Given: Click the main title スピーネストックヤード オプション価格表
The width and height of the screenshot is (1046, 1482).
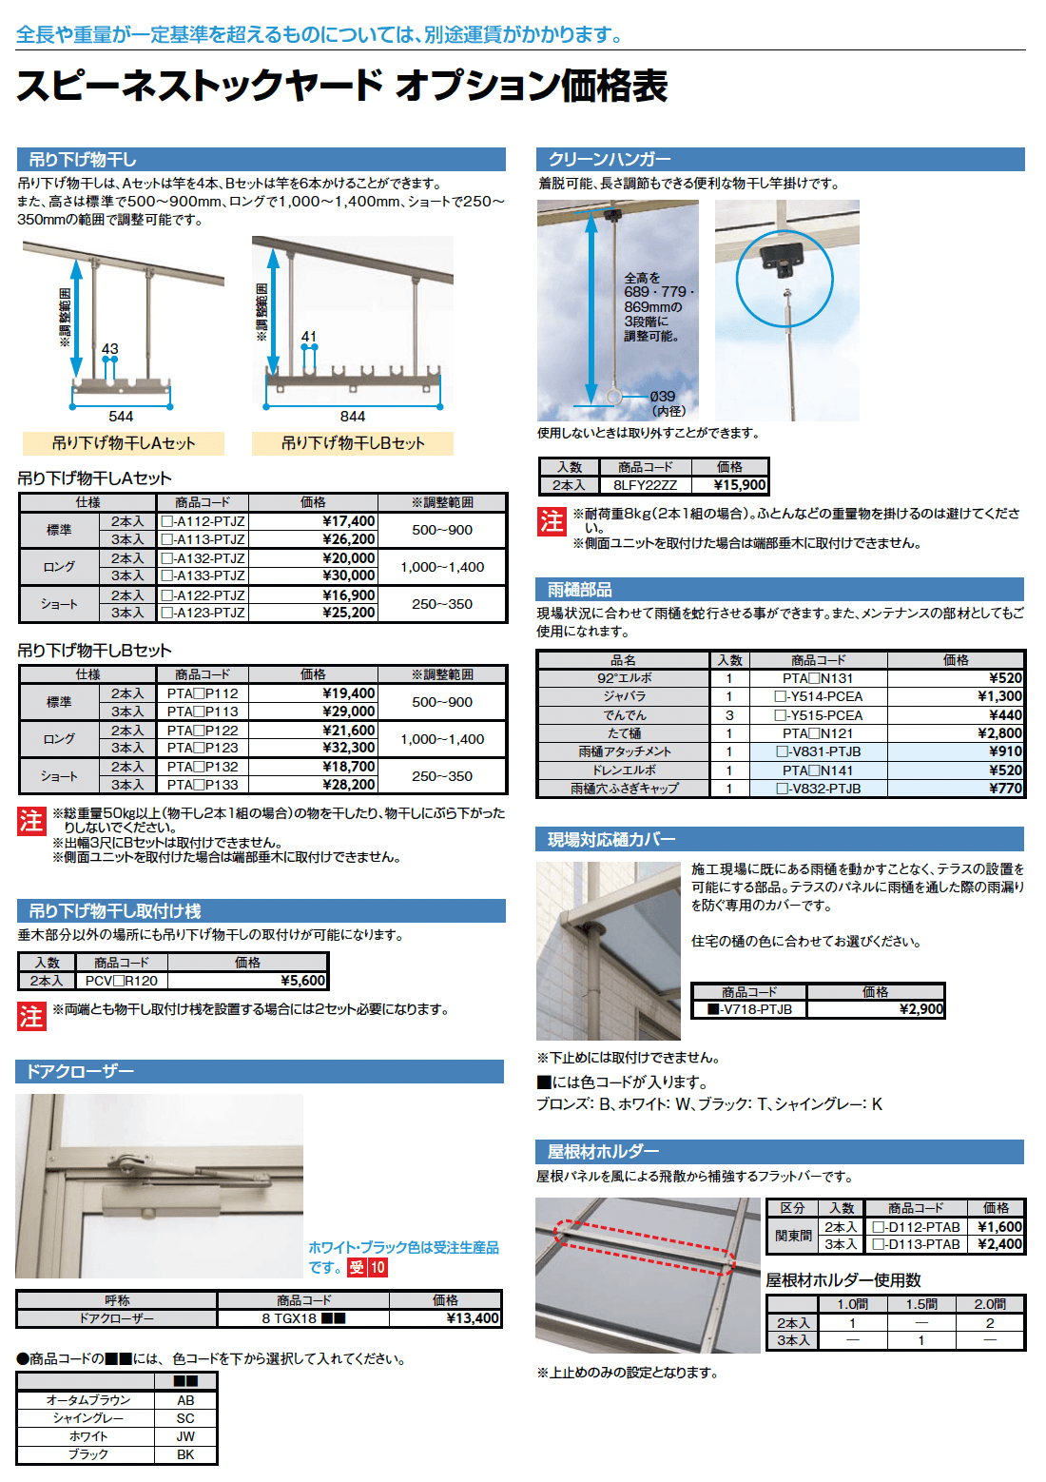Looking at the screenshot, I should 341,86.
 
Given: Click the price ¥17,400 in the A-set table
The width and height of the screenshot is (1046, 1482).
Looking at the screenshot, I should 348,521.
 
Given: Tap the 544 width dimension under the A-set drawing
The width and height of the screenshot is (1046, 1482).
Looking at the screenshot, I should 121,417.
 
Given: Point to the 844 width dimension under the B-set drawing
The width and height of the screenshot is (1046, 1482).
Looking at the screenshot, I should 353,417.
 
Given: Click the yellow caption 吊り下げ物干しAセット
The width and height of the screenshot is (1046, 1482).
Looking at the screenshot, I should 124,443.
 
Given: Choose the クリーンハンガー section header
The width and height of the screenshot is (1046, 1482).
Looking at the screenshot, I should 609,159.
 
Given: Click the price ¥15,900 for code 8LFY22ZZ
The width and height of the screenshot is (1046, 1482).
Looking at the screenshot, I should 739,485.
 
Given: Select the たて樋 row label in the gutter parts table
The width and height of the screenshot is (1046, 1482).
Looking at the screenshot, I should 623,733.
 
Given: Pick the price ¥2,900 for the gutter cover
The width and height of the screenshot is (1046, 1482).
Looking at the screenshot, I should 920,1009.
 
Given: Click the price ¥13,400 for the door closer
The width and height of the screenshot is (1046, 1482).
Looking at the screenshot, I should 472,1318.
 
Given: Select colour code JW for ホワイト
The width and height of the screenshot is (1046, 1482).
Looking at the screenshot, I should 185,1436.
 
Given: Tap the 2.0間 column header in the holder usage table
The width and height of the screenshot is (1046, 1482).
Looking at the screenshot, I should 989,1304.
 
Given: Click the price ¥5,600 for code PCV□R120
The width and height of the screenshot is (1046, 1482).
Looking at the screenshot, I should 303,981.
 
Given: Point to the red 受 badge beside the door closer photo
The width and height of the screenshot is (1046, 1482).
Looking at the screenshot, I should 358,1267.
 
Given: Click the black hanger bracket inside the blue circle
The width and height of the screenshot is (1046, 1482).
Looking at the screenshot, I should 784,257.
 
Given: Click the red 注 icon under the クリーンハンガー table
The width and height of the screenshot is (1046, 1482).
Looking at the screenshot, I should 552,521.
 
